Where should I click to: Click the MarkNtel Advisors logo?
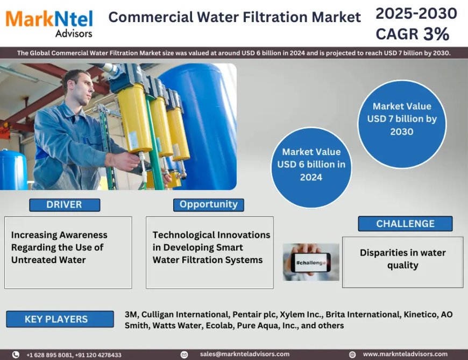[x=49, y=23]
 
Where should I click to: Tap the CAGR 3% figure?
[x=412, y=34]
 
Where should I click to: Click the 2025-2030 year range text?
[x=416, y=13]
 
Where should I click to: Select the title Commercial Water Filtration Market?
[x=235, y=17]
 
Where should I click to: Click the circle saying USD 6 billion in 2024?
[x=311, y=164]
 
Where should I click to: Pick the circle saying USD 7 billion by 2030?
[x=402, y=119]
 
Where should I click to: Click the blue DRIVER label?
[x=65, y=204]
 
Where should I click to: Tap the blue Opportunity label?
[x=208, y=204]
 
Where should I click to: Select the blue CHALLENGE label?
[x=405, y=223]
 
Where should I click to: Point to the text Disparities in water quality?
[x=402, y=259]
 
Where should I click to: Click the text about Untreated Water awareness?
[x=59, y=247]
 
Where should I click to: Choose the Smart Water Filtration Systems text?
[x=211, y=247]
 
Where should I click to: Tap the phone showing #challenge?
[x=311, y=262]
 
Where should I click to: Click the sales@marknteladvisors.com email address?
[x=245, y=354]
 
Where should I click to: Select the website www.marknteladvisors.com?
[x=405, y=354]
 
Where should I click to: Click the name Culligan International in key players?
[x=184, y=314]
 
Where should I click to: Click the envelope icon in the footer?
[x=184, y=355]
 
